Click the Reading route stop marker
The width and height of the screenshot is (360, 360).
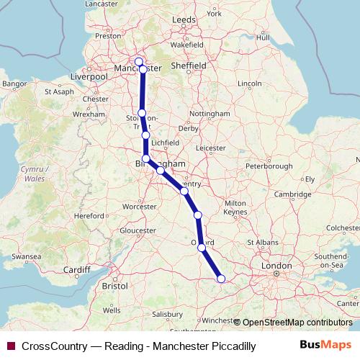(221, 279)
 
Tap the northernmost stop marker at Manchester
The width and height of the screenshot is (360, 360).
(139, 61)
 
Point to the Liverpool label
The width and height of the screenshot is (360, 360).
(90, 76)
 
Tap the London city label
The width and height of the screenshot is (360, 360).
(276, 266)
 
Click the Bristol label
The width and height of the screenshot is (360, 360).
(115, 286)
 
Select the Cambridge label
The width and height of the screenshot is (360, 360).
(292, 194)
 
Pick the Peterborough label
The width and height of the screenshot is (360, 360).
(268, 166)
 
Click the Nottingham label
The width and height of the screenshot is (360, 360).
(210, 114)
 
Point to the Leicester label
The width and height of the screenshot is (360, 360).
(211, 148)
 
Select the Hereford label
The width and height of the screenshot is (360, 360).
(90, 215)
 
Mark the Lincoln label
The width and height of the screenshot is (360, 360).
(250, 84)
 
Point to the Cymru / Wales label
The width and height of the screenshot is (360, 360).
(31, 173)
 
